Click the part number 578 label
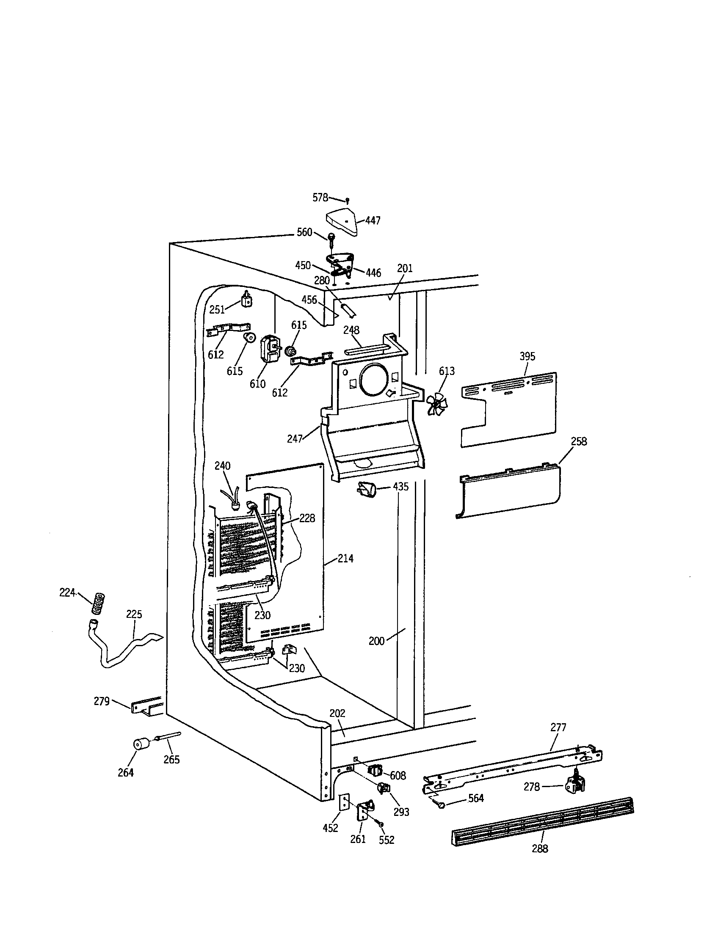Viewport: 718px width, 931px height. pyautogui.click(x=320, y=197)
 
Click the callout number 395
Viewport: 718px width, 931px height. pyautogui.click(x=527, y=356)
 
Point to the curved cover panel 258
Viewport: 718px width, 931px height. pyautogui.click(x=510, y=492)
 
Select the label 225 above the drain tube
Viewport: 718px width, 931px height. pyautogui.click(x=134, y=614)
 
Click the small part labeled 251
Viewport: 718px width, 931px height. pyautogui.click(x=246, y=300)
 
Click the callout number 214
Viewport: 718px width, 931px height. pyautogui.click(x=345, y=559)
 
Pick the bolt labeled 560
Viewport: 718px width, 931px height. pyautogui.click(x=331, y=237)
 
